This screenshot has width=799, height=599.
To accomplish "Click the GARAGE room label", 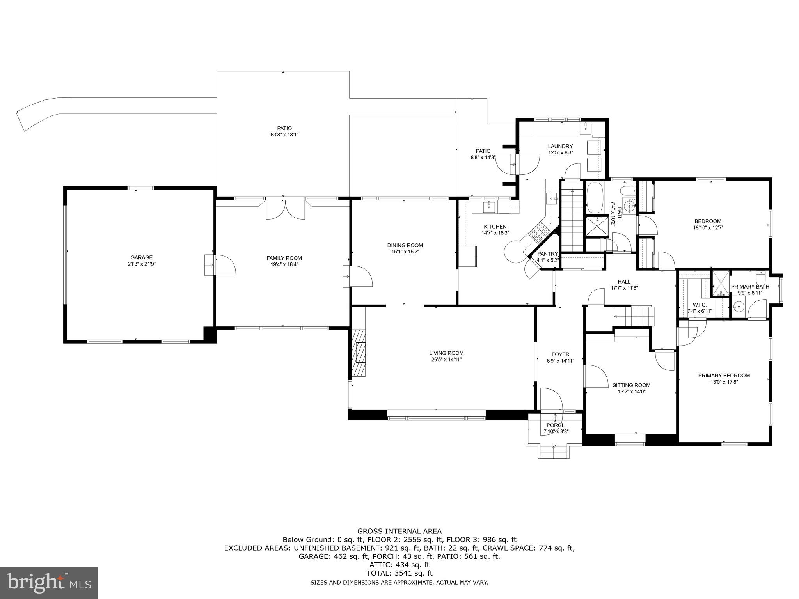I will (141, 257).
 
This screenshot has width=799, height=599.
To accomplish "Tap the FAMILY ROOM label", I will (284, 258).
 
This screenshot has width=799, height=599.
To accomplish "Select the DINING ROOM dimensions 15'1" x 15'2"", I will (405, 252).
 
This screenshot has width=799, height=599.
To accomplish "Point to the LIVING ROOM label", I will (446, 353).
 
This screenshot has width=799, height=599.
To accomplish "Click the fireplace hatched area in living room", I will (359, 353).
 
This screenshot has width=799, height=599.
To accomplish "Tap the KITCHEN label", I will (495, 227).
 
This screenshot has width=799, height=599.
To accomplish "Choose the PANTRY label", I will (548, 254).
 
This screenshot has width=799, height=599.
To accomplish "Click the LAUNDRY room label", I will (560, 146).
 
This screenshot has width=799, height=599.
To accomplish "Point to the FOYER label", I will (560, 354).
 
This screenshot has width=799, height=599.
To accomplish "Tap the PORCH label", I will (556, 425).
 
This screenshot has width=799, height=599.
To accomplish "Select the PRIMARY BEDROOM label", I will (724, 376).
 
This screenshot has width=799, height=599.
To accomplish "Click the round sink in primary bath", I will (738, 307).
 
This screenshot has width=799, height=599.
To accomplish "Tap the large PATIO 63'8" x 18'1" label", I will (284, 128).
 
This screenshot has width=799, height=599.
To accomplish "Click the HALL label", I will (624, 282).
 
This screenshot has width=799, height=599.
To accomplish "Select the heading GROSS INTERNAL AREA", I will (399, 531).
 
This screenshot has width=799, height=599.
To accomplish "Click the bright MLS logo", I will (49, 583).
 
